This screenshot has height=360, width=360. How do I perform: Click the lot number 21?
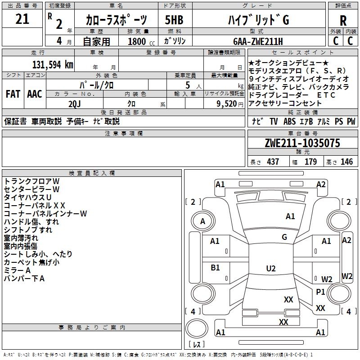tap(22, 19)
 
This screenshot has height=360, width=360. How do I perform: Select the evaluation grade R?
tap(343, 20)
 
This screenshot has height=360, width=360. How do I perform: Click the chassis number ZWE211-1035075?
tap(302, 144)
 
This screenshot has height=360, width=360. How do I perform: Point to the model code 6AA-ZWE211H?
tap(258, 41)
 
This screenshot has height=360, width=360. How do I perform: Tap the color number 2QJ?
tap(75, 103)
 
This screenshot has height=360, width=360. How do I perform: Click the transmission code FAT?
tap(13, 94)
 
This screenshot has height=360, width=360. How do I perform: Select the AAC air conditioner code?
tap(35, 94)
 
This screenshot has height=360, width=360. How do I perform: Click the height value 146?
tap(346, 162)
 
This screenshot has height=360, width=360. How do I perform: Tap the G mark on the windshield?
tap(284, 237)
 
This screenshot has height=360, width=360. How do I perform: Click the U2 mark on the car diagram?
tap(270, 269)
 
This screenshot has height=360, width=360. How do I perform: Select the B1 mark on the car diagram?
tap(215, 268)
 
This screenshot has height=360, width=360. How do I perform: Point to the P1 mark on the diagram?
tap(320, 292)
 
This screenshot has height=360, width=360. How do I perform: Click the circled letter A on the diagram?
tap(202, 221)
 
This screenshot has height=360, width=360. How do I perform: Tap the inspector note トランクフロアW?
tap(31, 181)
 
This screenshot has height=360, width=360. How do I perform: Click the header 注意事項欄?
tap(124, 133)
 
